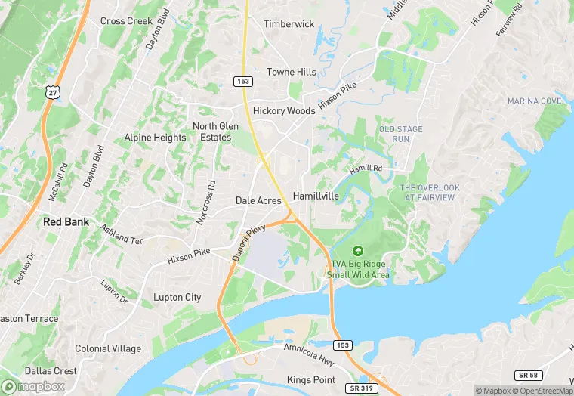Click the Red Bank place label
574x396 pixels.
[66, 222]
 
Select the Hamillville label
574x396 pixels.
[320, 195]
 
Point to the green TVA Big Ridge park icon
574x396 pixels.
[358, 251]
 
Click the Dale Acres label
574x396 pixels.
[258, 201]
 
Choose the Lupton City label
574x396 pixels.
[177, 297]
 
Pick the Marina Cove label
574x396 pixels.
[534, 101]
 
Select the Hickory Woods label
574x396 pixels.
[283, 110]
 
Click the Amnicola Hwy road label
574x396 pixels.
[308, 351]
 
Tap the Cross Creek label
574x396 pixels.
[127, 21]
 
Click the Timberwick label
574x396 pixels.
[289, 24]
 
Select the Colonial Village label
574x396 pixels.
[108, 348]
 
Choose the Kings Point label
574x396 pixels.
[310, 379]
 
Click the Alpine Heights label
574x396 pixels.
[155, 138]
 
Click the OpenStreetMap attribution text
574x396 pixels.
[543, 391]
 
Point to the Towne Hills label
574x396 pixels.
[292, 72]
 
